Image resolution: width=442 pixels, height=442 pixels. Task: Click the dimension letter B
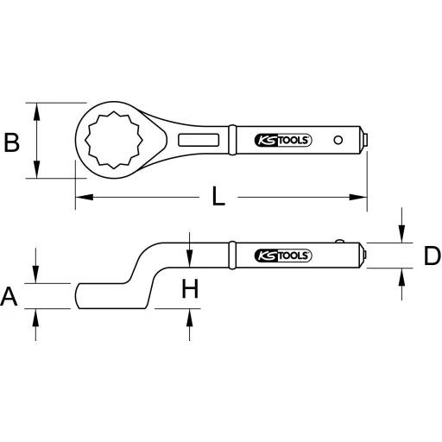pos(12,142)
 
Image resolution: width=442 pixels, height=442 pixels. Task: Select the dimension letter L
pos(219,198)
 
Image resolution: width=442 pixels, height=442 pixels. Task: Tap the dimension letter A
pos(9,297)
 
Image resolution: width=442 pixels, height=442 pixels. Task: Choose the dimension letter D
pos(431,256)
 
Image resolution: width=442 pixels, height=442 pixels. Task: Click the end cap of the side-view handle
pos(367,256)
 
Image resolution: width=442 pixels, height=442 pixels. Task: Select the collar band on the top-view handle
pos(231,140)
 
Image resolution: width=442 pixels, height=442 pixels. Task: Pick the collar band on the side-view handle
pos(231,256)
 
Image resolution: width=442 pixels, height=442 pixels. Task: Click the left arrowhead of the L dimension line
pos(80,199)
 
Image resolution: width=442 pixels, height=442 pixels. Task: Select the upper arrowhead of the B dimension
pos(36,107)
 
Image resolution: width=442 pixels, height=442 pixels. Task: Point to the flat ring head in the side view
pos(99,295)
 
